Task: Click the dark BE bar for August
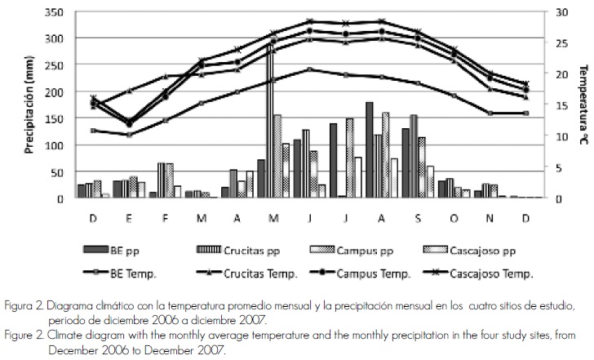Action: pos(370,150)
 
